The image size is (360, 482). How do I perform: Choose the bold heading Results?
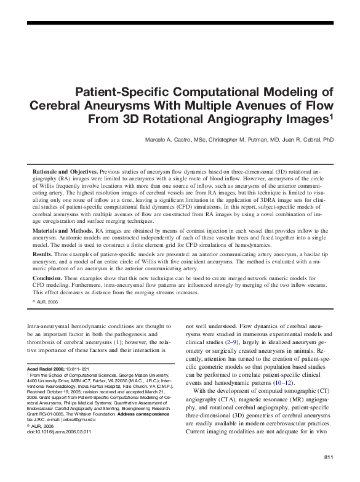(x=41, y=254)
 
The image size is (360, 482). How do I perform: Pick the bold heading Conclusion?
(x=46, y=277)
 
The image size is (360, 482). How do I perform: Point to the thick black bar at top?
(x=180, y=22)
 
